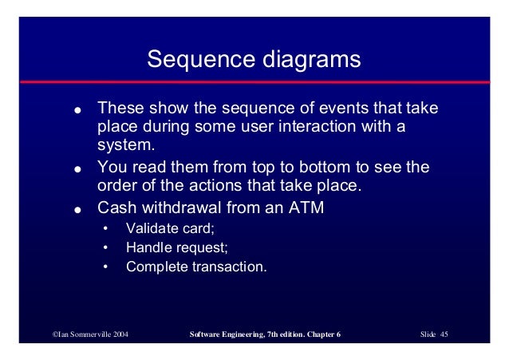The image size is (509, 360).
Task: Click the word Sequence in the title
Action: pyautogui.click(x=201, y=59)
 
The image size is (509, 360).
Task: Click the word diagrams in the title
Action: pyautogui.click(x=312, y=59)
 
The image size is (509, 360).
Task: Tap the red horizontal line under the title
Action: pyautogui.click(x=254, y=82)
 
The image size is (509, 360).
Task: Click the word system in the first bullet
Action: pyautogui.click(x=124, y=145)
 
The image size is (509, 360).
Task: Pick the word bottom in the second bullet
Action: pyautogui.click(x=324, y=167)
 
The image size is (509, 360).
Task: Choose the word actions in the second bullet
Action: pyautogui.click(x=215, y=185)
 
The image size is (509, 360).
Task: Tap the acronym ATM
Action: pyautogui.click(x=306, y=208)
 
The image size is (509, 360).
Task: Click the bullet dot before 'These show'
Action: pyautogui.click(x=77, y=110)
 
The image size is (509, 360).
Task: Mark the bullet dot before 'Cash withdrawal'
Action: pyautogui.click(x=77, y=210)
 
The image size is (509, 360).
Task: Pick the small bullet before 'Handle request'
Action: pyautogui.click(x=105, y=248)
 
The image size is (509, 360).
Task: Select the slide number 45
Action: pyautogui.click(x=444, y=334)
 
